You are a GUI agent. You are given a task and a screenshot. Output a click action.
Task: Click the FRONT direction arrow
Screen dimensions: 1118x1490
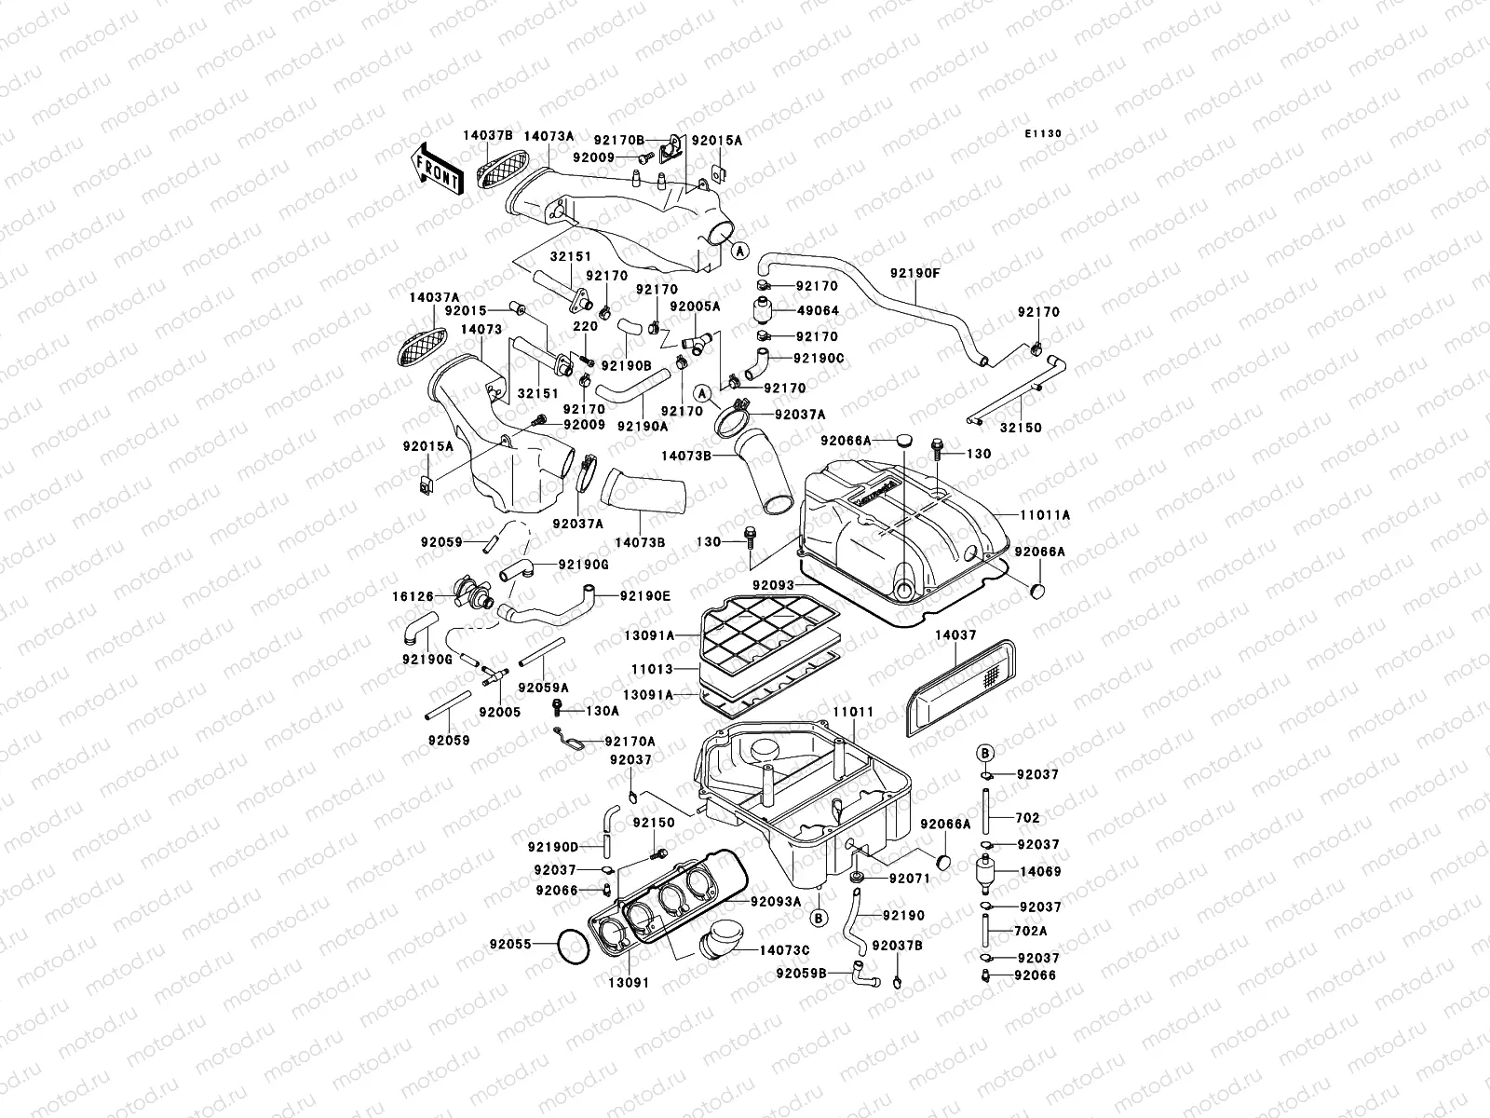(x=436, y=168)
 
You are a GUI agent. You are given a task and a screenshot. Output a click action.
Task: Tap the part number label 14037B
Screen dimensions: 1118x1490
(x=488, y=135)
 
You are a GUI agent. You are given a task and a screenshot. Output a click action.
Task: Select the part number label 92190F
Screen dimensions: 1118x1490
(x=914, y=273)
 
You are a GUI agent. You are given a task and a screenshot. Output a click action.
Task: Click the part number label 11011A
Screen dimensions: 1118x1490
(x=1045, y=514)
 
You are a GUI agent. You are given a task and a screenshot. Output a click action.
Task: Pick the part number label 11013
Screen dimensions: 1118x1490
(x=650, y=668)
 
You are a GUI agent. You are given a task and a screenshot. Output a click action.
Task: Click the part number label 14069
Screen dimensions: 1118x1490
(x=1040, y=872)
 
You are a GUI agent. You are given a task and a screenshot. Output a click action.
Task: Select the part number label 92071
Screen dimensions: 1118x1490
(x=910, y=878)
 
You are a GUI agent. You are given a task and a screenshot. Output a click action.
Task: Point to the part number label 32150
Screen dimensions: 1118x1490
(x=1021, y=428)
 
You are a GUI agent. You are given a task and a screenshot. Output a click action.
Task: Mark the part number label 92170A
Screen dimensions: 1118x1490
(x=630, y=742)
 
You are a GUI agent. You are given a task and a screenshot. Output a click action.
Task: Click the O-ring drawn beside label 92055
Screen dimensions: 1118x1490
(x=571, y=948)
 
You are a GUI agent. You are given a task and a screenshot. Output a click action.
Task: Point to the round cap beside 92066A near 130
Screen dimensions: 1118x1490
(x=900, y=439)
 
